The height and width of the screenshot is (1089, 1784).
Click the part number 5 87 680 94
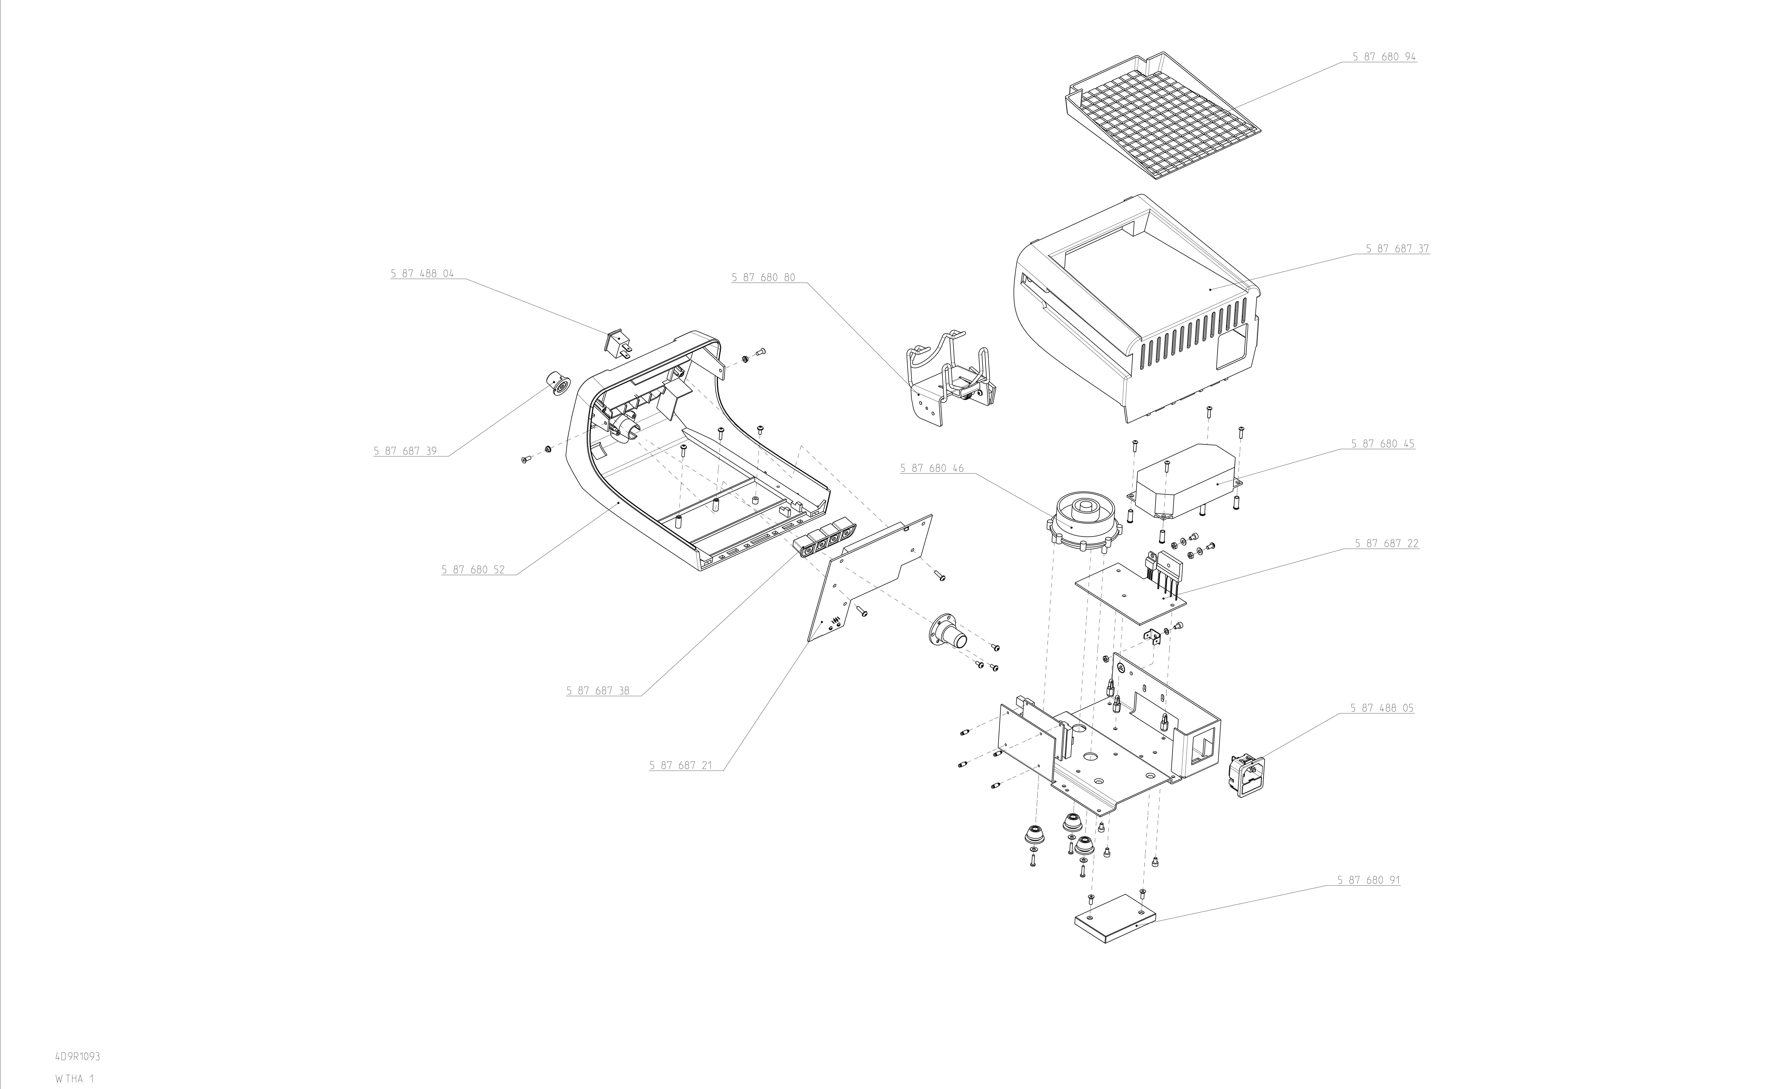click(1384, 56)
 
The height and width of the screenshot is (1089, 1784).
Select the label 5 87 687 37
click(1397, 249)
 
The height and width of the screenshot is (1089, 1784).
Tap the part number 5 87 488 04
click(422, 274)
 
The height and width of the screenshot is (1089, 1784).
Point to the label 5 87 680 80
click(763, 278)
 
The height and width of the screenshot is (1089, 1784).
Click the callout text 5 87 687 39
click(405, 451)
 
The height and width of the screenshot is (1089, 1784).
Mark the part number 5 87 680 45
click(1382, 444)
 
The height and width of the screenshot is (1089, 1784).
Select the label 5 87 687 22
click(1387, 543)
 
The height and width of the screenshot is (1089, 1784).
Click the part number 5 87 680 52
click(473, 570)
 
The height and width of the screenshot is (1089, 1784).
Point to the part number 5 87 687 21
click(681, 765)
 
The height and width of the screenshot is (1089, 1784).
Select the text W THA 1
click(75, 1079)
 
